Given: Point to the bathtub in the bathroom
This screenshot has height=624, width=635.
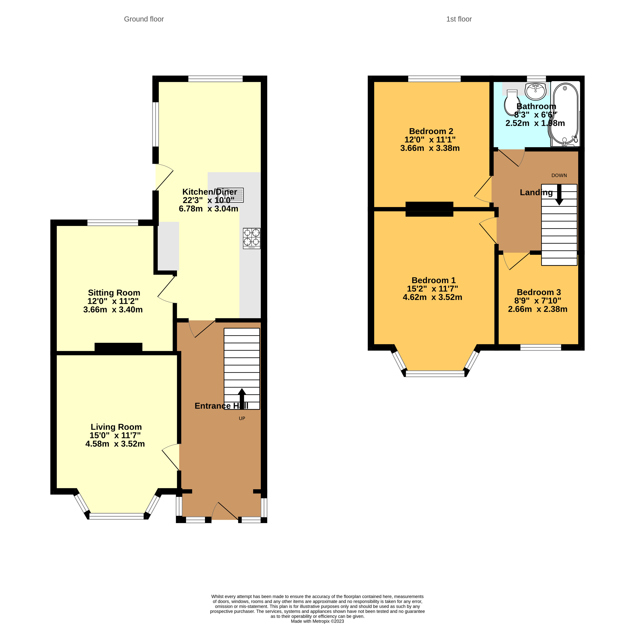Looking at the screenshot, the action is coord(565,114).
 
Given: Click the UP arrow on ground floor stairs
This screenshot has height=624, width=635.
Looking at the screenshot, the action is coord(242,399).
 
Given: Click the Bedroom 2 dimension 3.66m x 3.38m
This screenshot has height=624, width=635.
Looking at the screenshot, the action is coord(430,148).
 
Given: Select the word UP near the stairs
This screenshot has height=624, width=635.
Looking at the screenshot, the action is coord(242,419).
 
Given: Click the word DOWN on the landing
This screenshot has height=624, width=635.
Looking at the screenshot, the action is coord(559,175).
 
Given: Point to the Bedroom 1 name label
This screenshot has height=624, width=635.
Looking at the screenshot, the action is coord(433,280).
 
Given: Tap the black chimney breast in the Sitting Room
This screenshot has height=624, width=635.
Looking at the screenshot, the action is coord(118,347).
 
